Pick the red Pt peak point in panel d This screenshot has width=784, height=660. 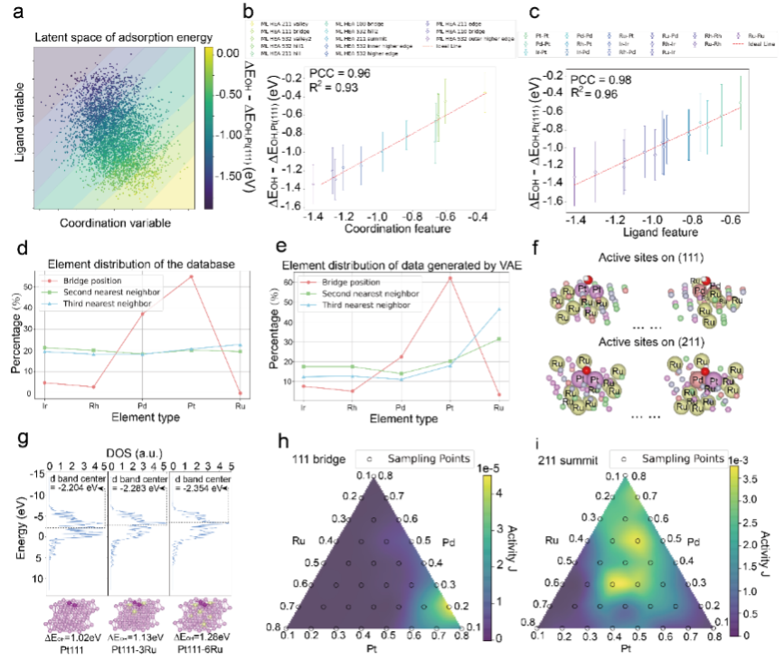191,277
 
